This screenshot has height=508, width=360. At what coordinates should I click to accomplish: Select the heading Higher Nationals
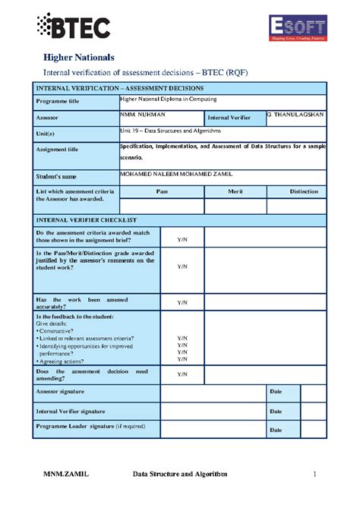pyautogui.click(x=78, y=58)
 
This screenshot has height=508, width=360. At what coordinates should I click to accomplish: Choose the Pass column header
pyautogui.click(x=162, y=191)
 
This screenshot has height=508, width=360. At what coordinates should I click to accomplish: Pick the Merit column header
pyautogui.click(x=235, y=191)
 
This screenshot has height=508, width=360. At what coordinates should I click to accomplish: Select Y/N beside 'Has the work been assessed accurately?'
pyautogui.click(x=182, y=302)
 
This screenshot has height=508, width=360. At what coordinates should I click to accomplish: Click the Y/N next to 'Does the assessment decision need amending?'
pyautogui.click(x=182, y=374)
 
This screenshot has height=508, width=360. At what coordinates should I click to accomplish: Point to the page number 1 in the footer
pyautogui.click(x=313, y=475)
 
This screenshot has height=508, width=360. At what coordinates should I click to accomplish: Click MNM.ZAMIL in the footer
pyautogui.click(x=65, y=475)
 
